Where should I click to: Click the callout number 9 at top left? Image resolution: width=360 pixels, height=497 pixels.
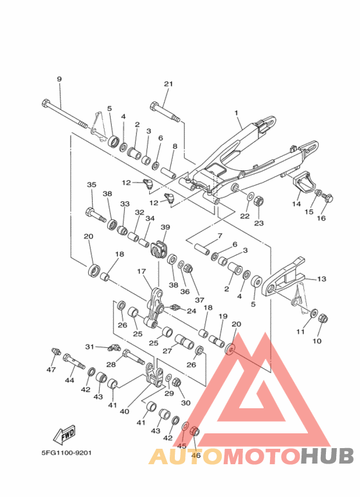point(59,79)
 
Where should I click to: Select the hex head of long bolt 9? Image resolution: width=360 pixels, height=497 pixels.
point(46,103)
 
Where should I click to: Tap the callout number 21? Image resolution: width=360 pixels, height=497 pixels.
point(168,84)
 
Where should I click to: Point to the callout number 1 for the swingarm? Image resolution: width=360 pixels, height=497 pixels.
point(236,113)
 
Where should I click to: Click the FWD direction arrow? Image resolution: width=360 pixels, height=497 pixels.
point(64,434)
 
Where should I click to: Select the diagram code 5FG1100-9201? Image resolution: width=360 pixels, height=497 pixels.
point(67,453)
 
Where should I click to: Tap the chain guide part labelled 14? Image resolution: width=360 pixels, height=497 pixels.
point(303,185)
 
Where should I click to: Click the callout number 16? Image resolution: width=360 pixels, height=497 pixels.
point(321,219)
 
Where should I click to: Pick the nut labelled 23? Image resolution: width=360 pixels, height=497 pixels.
point(259,201)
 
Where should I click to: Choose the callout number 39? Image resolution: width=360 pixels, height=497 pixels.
point(165,227)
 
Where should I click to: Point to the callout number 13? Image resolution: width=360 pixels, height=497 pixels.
point(321,279)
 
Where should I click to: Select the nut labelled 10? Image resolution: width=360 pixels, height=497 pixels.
point(322,318)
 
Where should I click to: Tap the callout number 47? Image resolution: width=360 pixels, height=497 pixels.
point(51,370)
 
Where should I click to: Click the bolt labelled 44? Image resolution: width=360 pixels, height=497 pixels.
point(74,361)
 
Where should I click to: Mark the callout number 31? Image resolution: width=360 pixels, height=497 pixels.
point(90,347)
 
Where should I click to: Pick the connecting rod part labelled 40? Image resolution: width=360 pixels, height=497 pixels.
point(154,376)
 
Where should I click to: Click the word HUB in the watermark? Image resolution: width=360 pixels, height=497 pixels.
point(327,456)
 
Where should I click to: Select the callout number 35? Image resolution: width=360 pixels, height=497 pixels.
point(91,185)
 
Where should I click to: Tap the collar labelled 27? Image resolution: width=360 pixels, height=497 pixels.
point(184,341)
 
